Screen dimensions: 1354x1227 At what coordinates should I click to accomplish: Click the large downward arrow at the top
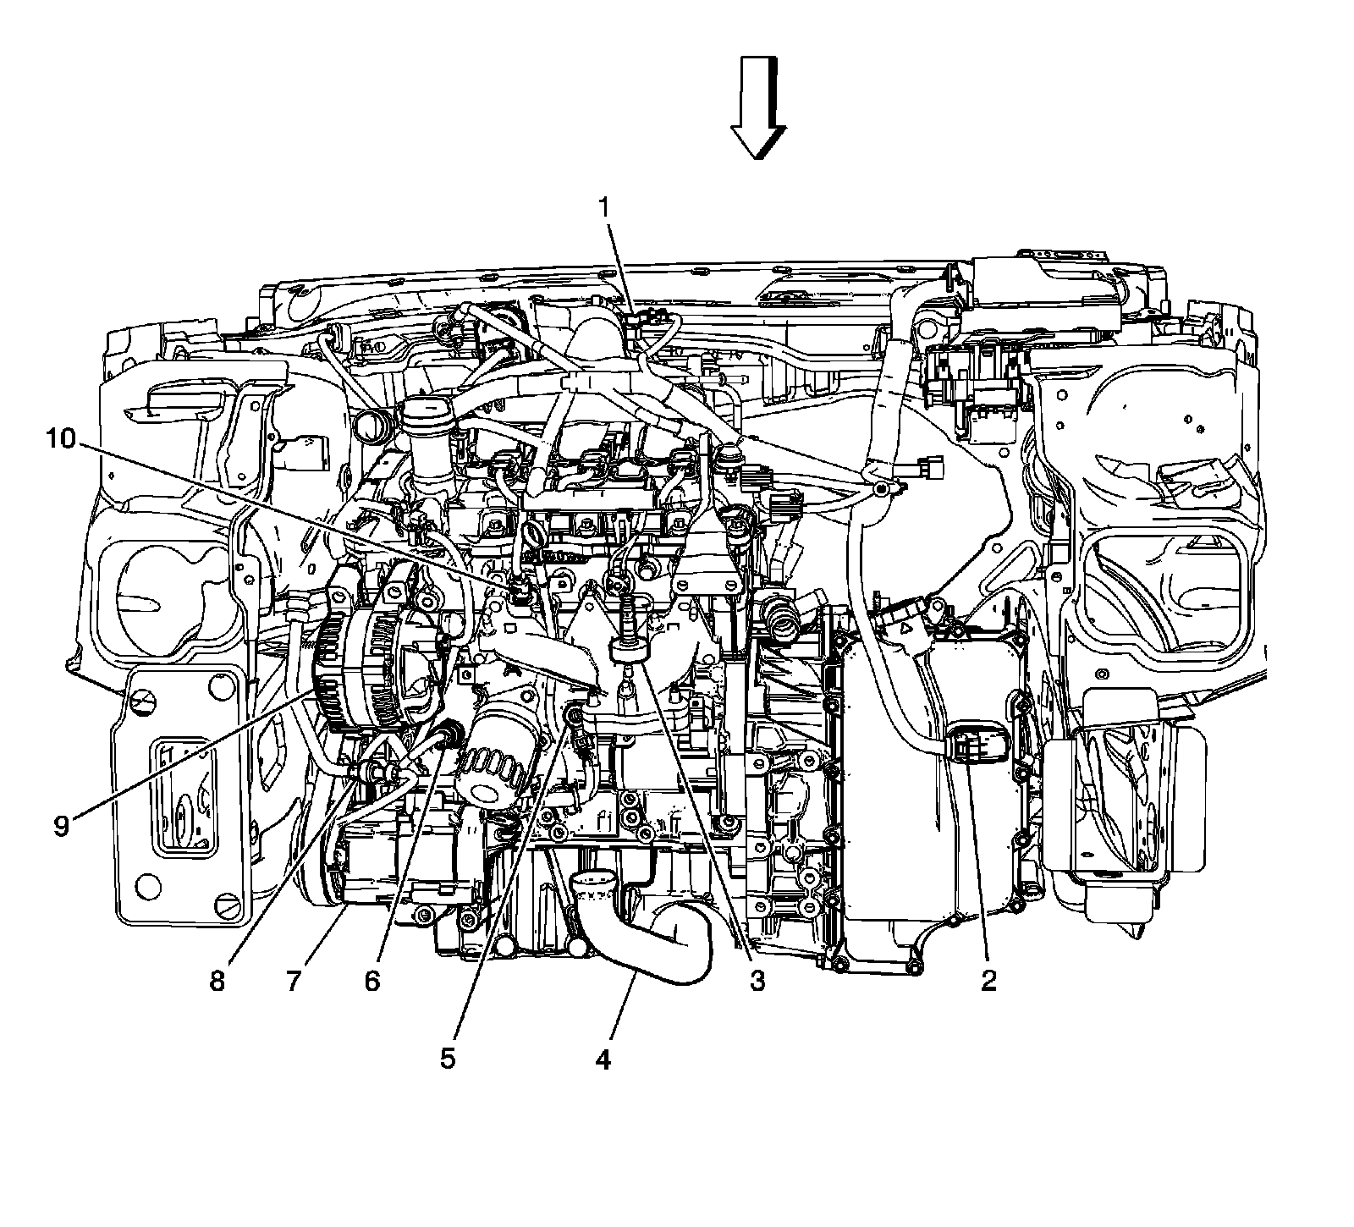(758, 107)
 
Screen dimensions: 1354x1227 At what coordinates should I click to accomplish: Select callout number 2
(988, 981)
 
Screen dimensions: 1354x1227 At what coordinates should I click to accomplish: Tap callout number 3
(756, 981)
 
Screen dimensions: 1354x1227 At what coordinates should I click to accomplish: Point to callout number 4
(602, 1059)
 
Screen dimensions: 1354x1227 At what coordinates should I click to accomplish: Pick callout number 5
(448, 1059)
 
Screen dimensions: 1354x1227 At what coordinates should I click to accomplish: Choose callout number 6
(372, 981)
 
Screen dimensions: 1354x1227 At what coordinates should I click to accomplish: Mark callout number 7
(294, 981)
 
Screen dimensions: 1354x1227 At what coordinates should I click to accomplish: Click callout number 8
(217, 981)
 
